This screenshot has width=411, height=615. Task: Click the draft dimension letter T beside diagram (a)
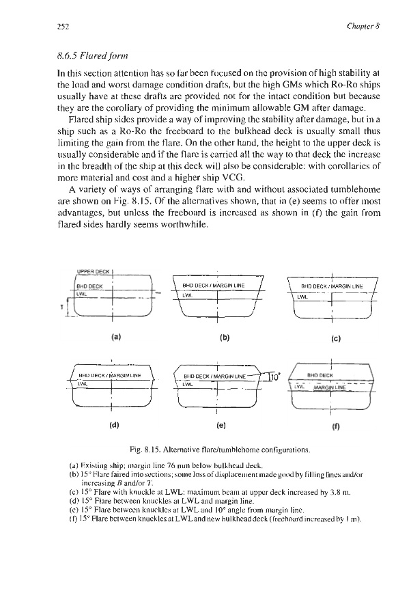click(x=66, y=307)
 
